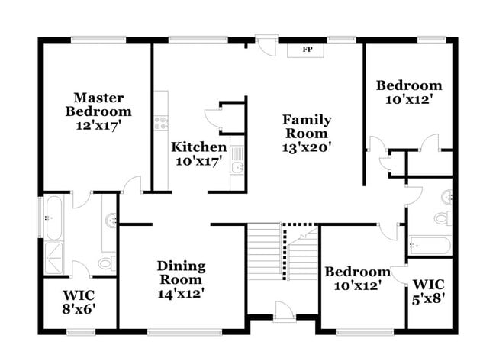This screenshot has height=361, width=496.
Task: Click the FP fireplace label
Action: tap(308, 50)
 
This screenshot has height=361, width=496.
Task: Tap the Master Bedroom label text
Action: tap(98, 105)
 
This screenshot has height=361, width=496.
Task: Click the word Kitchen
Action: tap(198, 147)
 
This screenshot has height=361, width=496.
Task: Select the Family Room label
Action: tap(307, 127)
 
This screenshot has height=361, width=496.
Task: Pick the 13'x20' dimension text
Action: tap(307, 148)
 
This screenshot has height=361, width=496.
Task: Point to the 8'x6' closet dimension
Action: tap(79, 309)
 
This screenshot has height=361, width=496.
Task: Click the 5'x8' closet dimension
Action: tap(431, 294)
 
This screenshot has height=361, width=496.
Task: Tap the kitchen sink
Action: tap(238, 163)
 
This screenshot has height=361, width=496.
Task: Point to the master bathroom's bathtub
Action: tap(53, 217)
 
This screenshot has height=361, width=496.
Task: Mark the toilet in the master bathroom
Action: tap(107, 263)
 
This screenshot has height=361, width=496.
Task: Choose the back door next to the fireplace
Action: tap(266, 44)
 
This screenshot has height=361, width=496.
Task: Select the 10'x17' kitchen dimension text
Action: tap(198, 162)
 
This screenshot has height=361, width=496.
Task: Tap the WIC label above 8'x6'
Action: tap(79, 295)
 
